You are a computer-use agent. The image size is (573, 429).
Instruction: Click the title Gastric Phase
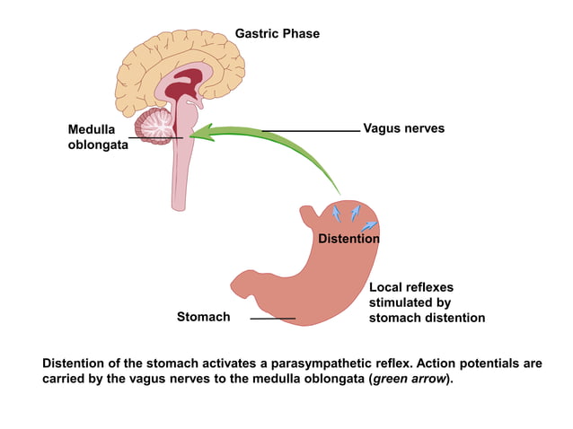(277, 34)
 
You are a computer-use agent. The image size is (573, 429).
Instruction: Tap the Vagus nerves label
(403, 129)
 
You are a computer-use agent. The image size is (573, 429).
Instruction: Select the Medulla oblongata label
(97, 136)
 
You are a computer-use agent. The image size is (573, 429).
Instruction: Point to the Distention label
(348, 239)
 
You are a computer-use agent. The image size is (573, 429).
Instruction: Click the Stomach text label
(203, 317)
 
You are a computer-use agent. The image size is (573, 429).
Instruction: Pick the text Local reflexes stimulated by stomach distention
(427, 302)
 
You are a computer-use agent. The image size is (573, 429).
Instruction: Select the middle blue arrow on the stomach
(355, 212)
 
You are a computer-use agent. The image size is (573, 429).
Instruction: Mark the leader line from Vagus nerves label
(310, 130)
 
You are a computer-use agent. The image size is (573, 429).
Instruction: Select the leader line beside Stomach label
(272, 318)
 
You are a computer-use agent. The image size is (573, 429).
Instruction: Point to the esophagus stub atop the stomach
(310, 215)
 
